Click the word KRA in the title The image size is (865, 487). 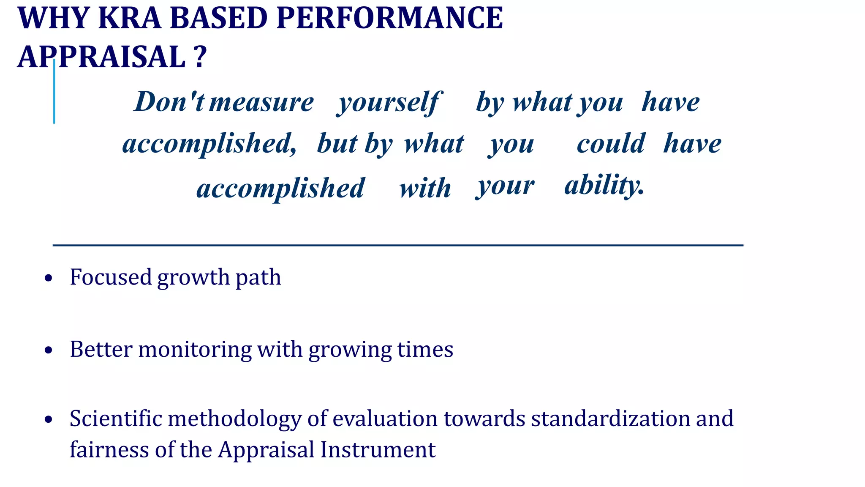[x=130, y=19]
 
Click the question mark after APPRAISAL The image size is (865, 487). [x=201, y=57]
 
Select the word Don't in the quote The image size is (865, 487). [x=169, y=102]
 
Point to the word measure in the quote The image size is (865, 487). [x=261, y=102]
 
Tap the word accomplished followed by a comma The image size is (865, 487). [x=209, y=144]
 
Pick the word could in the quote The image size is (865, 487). [x=610, y=144]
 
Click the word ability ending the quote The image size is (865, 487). [x=604, y=186]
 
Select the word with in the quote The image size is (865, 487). [x=425, y=188]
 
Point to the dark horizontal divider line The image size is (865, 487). [x=397, y=245]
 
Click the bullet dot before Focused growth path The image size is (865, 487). [x=49, y=278]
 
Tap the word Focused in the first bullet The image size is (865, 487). [x=111, y=277]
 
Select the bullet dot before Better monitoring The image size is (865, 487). [x=49, y=350]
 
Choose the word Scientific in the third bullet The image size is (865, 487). [x=116, y=419]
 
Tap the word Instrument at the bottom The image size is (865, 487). [x=378, y=450]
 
